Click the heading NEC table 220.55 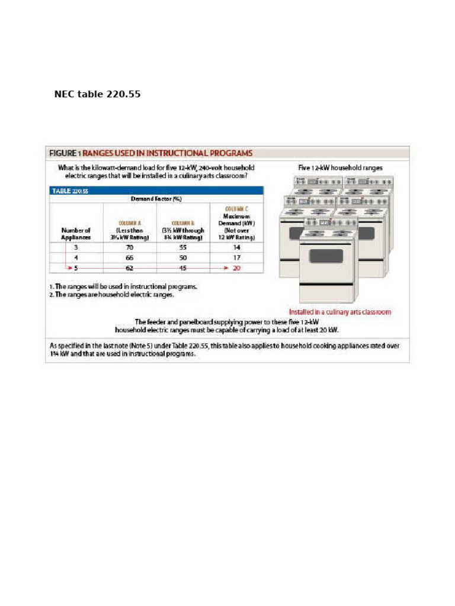click(x=97, y=94)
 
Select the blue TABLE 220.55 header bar click(x=156, y=191)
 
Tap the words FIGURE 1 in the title click(x=65, y=153)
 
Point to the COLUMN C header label click(x=237, y=209)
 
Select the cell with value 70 click(x=129, y=247)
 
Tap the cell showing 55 click(x=182, y=247)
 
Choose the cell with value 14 click(x=237, y=247)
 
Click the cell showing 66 click(x=129, y=257)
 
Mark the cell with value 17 click(x=237, y=257)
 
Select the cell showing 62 click(x=129, y=268)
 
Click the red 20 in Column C click(x=237, y=268)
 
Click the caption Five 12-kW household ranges click(x=340, y=167)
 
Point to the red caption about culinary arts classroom click(x=339, y=312)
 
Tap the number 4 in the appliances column click(x=76, y=257)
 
